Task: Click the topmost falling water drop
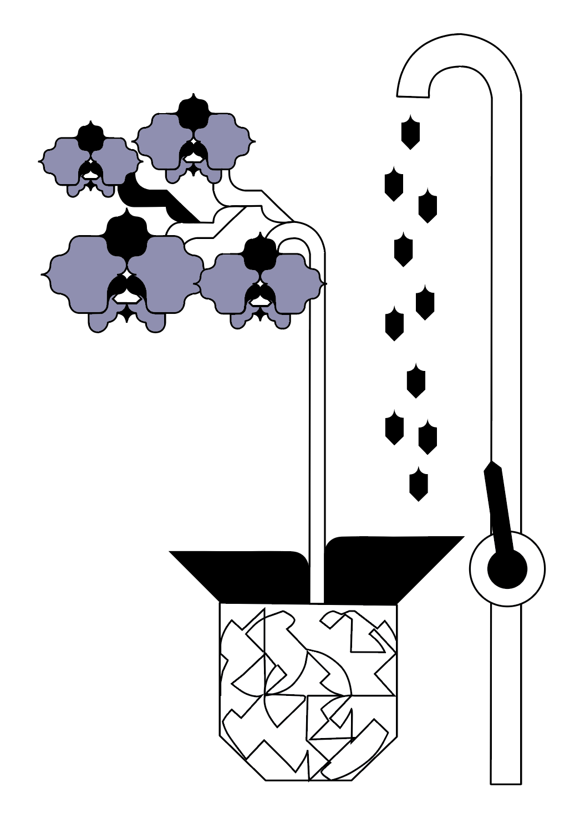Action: pyautogui.click(x=410, y=133)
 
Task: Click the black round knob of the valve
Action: pyautogui.click(x=507, y=569)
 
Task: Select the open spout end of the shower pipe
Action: pyautogui.click(x=413, y=95)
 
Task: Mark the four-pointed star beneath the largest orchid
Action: pyautogui.click(x=126, y=314)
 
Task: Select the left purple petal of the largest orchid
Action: pyautogui.click(x=83, y=272)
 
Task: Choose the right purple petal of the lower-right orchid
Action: pyautogui.click(x=291, y=283)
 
